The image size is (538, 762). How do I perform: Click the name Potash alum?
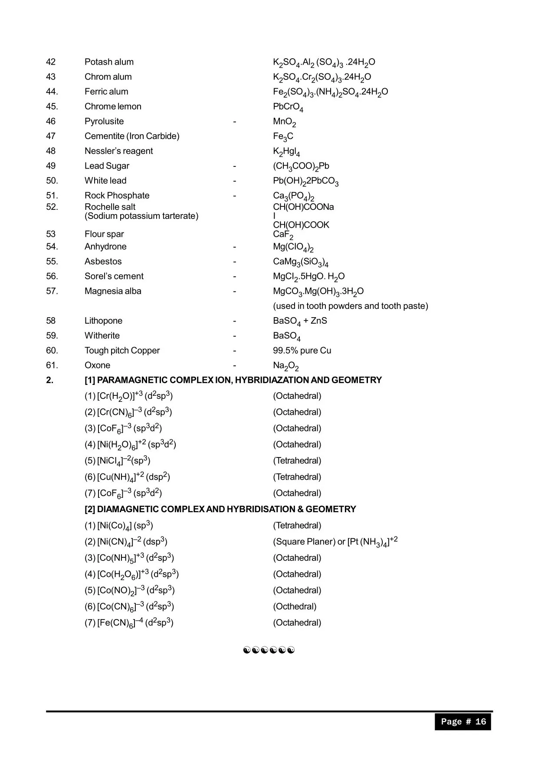109,62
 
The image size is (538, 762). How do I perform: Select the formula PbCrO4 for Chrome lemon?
288,107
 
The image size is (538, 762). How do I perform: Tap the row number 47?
51,136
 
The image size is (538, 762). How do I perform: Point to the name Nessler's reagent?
118,151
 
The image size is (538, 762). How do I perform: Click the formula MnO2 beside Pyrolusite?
284,122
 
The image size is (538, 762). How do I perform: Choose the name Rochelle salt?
110,207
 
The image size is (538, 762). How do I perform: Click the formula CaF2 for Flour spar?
283,235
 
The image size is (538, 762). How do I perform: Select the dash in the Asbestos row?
234,262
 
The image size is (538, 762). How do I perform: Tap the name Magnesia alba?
113,291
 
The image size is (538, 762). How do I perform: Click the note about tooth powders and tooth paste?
350,306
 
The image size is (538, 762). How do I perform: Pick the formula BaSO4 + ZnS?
300,321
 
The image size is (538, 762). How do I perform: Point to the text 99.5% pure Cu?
302,351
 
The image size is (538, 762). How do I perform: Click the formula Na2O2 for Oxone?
285,366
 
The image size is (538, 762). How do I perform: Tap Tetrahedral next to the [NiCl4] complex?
297,461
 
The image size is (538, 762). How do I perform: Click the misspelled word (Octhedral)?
295,606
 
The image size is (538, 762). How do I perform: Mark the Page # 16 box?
463,722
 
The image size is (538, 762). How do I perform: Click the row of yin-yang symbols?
269,650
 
